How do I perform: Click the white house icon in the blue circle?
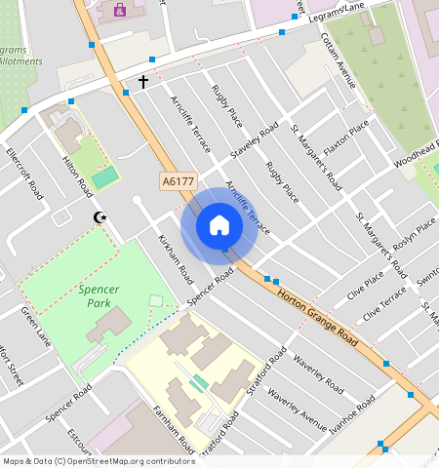click(219, 226)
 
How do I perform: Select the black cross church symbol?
click(143, 82)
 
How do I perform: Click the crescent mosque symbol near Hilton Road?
click(97, 217)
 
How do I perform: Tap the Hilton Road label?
click(77, 174)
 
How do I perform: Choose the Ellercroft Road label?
click(25, 174)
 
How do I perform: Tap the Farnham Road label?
click(175, 429)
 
